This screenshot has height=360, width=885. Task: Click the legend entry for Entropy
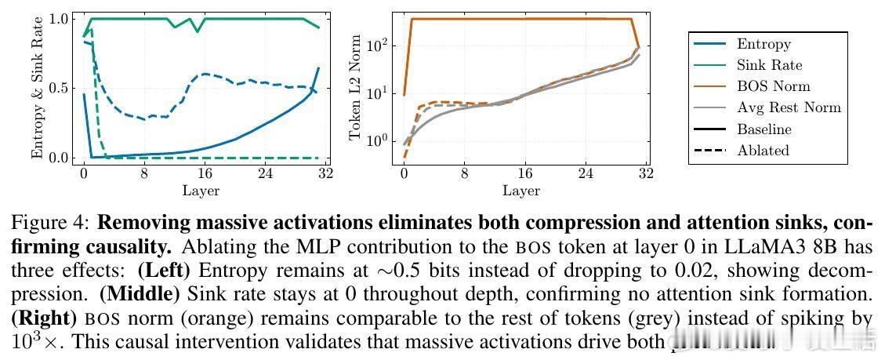pos(763,45)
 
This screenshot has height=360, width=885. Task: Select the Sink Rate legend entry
pos(769,66)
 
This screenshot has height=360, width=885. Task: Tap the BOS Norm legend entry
pos(773,87)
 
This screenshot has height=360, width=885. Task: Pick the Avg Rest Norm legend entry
pos(789,108)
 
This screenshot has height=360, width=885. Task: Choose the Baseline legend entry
pos(764,129)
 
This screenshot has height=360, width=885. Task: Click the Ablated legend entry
pos(763,151)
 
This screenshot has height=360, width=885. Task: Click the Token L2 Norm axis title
pos(355,89)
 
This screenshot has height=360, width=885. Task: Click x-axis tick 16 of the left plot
pos(205,173)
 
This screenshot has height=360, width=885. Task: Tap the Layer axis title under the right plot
pos(520,190)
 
